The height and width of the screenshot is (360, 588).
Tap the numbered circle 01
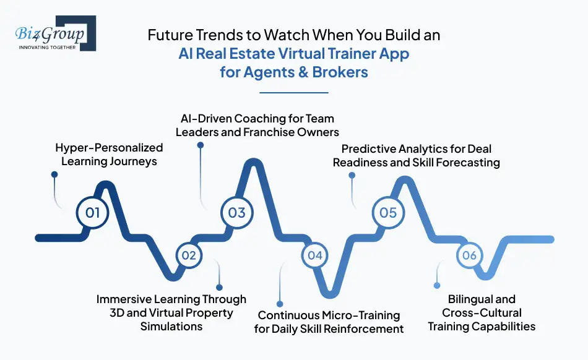[93, 213]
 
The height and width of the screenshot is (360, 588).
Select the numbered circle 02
[189, 255]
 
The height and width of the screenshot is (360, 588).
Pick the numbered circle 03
[237, 212]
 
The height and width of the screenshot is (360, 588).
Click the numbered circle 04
[315, 255]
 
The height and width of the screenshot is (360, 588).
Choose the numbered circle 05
[388, 212]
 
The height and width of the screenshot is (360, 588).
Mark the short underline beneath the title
[294, 93]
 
